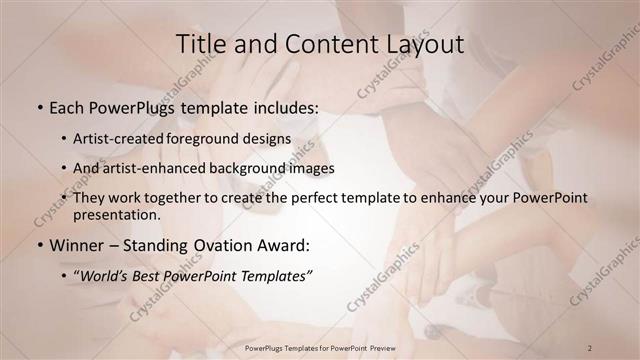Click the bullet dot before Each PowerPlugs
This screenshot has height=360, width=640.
[x=39, y=105]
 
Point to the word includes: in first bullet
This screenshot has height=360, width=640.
[x=283, y=105]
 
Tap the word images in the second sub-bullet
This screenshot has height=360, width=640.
[x=310, y=168]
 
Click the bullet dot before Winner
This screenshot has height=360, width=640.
[x=39, y=245]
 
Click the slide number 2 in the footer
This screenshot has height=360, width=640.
[x=590, y=347]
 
